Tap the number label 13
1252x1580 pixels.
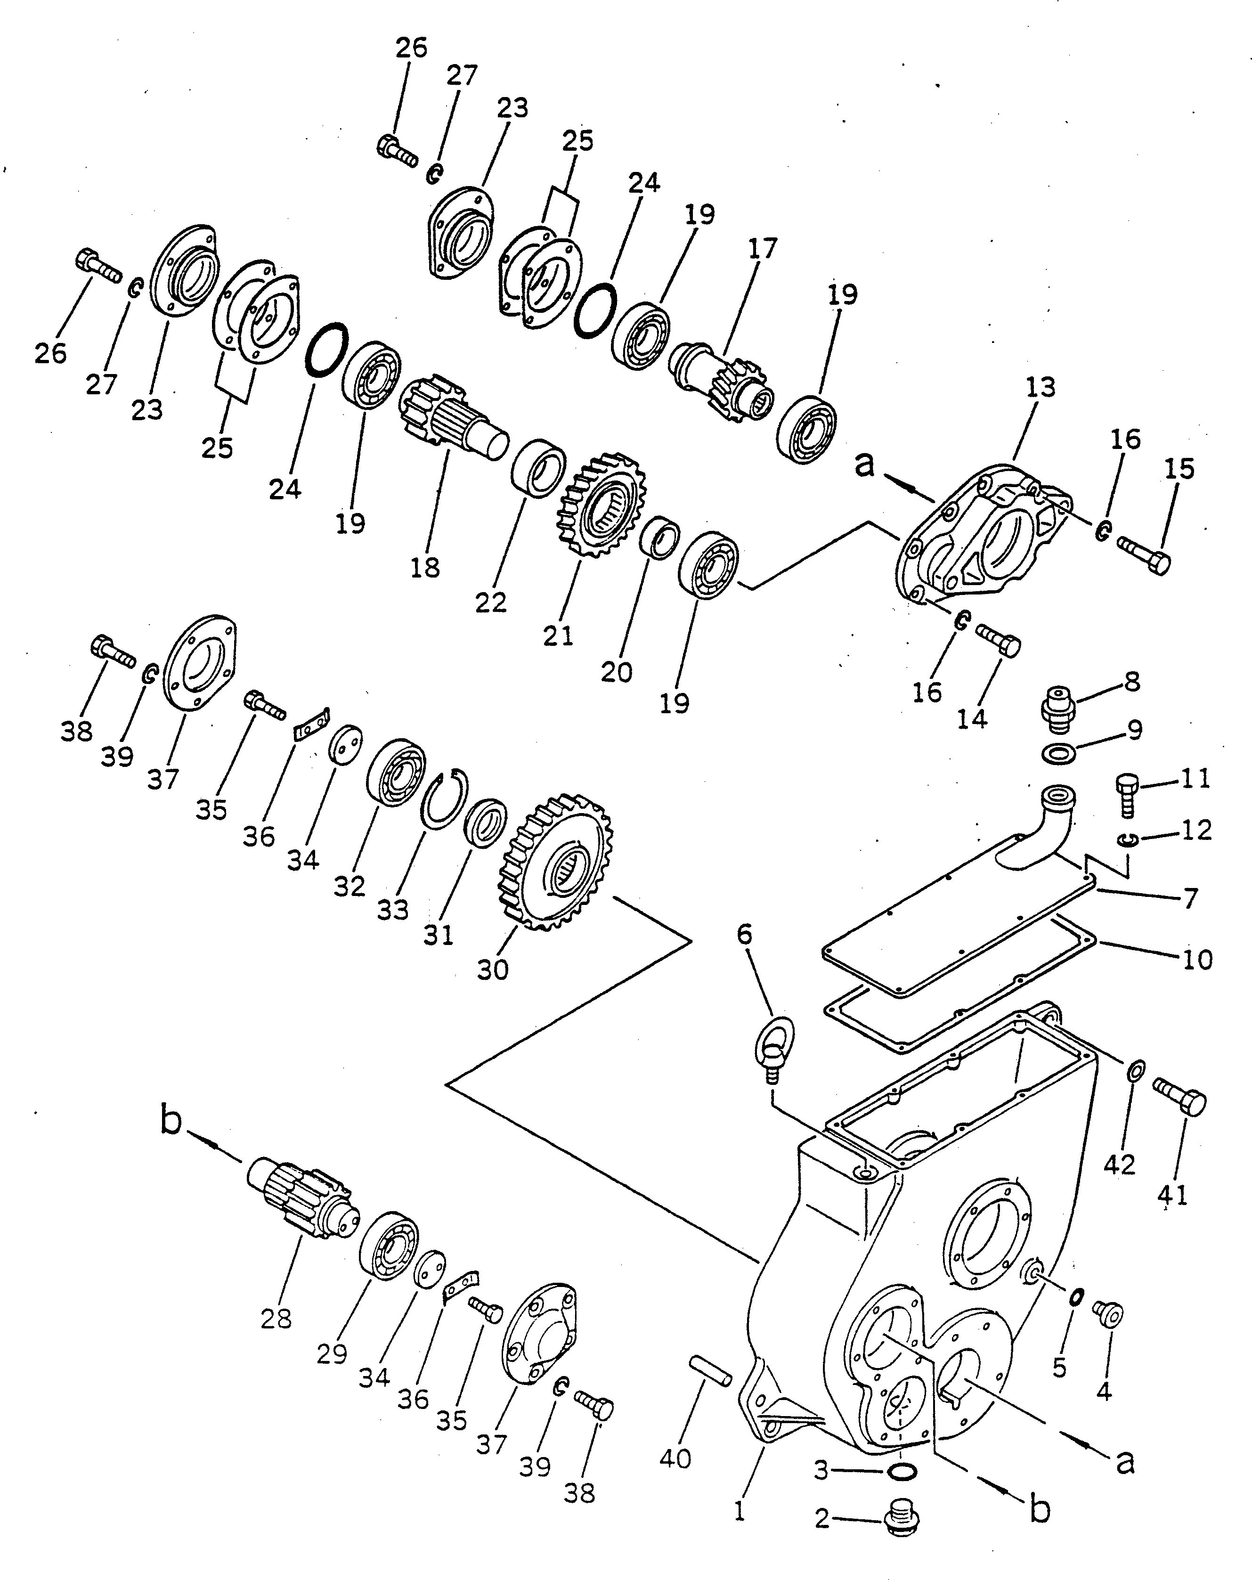click(1041, 387)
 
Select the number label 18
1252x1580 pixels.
click(426, 567)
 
